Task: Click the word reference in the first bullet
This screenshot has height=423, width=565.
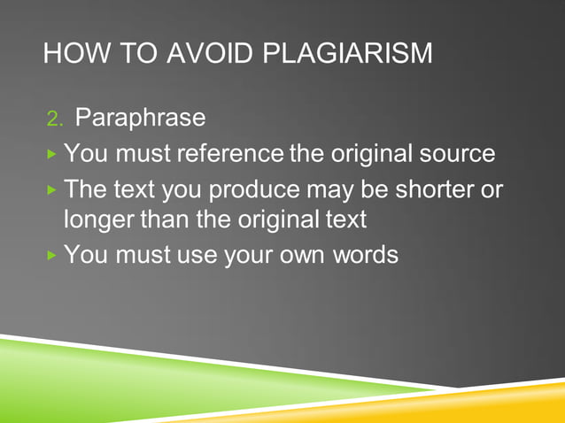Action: click(x=232, y=153)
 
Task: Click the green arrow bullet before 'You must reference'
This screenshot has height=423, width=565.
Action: click(x=52, y=154)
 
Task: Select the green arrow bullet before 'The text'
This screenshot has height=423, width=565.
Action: click(x=52, y=191)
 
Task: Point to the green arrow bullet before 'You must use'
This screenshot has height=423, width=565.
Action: click(x=52, y=256)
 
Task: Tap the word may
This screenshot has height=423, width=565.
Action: click(x=327, y=191)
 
